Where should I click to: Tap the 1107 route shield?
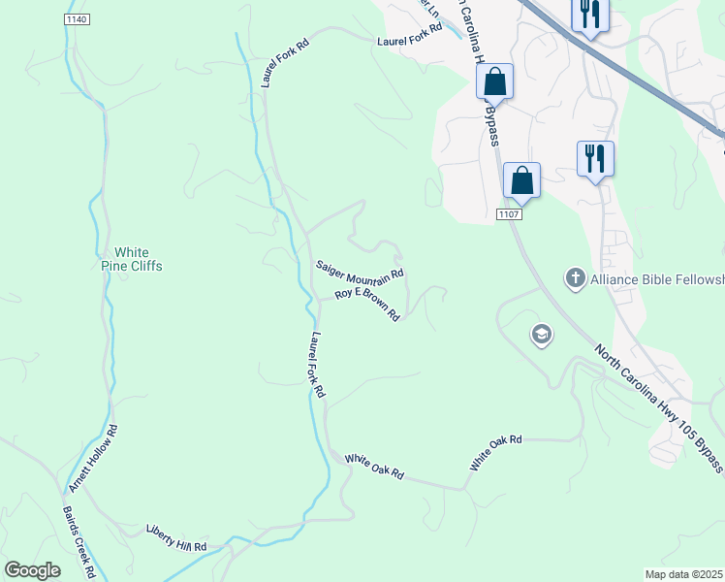coord(510,213)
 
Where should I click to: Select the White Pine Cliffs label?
coord(132,259)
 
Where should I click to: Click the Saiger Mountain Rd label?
coord(360,272)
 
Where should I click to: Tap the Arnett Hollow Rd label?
coord(93,458)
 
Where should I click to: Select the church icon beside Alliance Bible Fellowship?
coord(575,279)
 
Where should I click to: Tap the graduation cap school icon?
coord(541,336)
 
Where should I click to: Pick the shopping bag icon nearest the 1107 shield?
coord(521,179)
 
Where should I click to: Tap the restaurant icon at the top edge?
coord(589,15)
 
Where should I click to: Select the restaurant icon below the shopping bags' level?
coord(594,157)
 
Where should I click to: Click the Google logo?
coord(33,569)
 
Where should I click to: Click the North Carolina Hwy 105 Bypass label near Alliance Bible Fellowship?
coord(658,408)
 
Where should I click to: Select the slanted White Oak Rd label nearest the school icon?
coord(496,453)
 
